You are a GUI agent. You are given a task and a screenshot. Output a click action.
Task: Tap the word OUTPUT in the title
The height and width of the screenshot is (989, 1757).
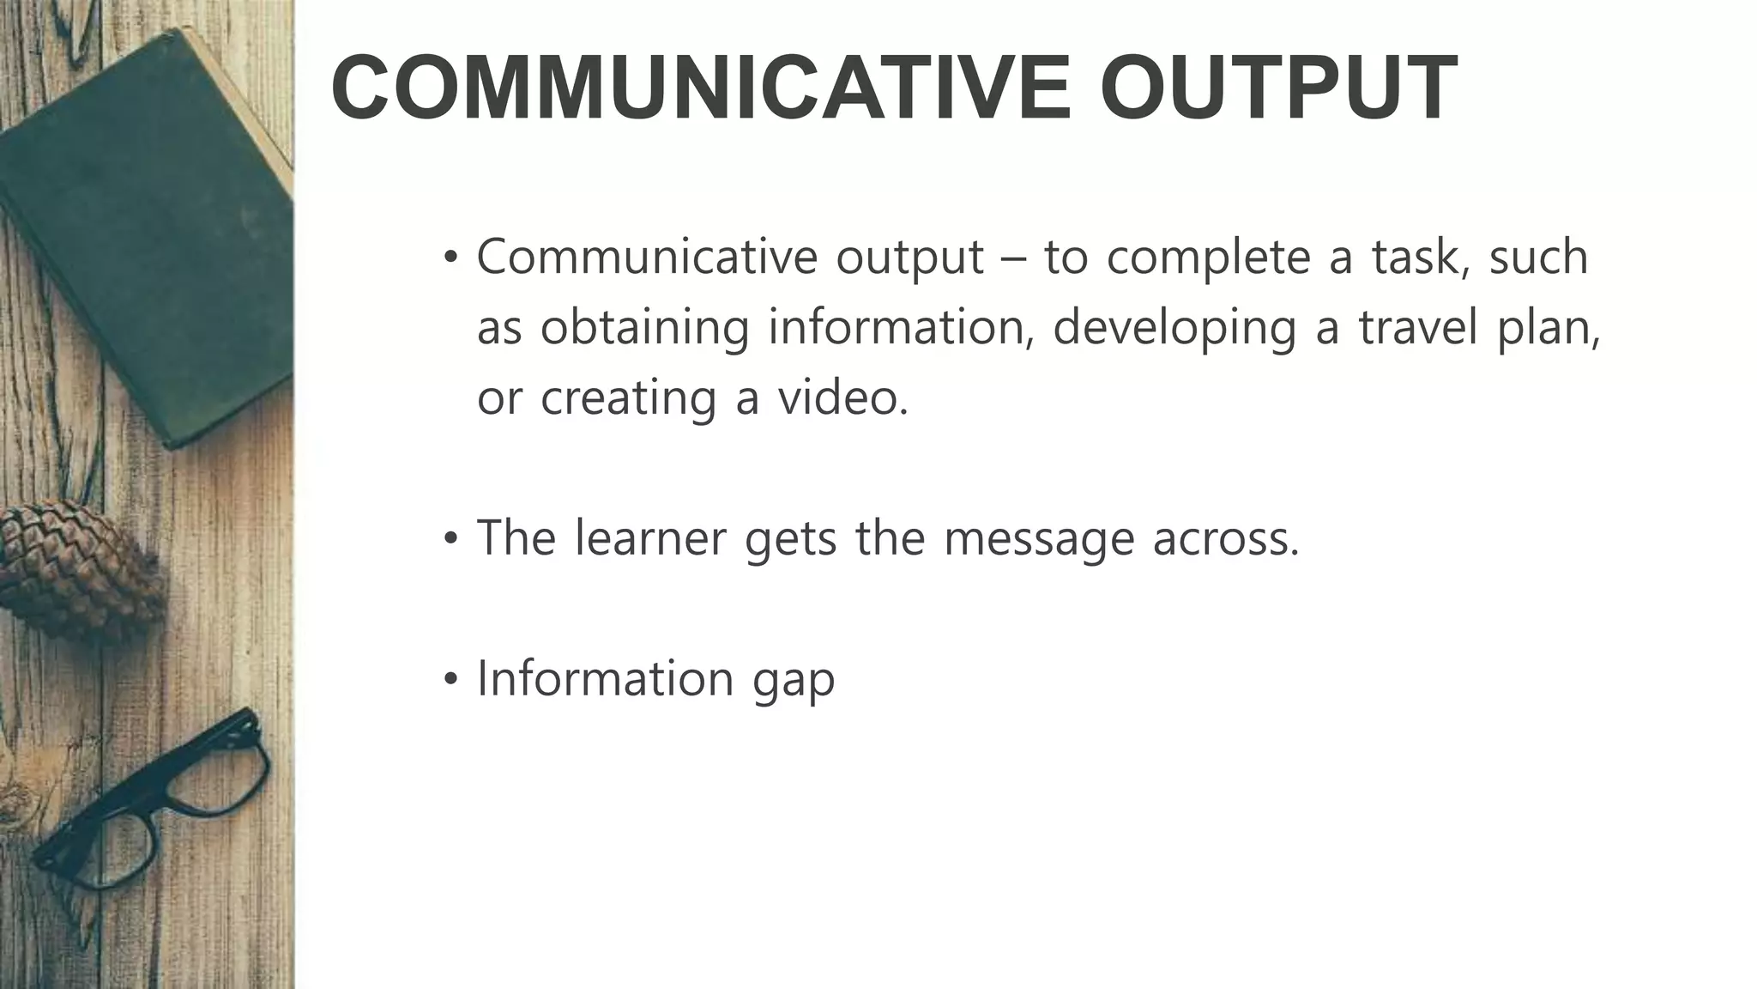(1278, 88)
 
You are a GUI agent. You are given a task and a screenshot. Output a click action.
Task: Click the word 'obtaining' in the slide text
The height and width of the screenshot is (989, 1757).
(643, 329)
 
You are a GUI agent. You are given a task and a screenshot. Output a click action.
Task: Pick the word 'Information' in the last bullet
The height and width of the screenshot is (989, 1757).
(605, 678)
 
